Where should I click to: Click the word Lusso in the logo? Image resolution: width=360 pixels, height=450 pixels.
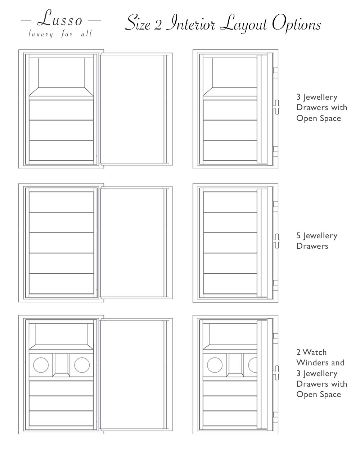60,18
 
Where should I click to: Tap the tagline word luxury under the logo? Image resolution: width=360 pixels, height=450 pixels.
41,34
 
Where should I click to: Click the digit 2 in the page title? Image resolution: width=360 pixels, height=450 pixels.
158,25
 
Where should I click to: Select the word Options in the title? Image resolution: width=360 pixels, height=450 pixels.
296,24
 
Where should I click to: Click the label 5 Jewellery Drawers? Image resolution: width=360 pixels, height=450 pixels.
317,241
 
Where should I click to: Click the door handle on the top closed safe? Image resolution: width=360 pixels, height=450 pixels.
276,107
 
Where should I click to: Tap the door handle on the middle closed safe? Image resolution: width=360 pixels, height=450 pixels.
276,241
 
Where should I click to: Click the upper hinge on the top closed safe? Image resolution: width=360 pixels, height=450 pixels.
275,71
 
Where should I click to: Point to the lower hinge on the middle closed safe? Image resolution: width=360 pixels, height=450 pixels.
275,283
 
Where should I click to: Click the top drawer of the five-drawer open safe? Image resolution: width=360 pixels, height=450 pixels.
61,202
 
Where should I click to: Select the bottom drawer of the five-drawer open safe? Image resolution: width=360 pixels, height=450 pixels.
61,284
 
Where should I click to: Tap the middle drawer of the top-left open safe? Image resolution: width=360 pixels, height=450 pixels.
61,130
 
